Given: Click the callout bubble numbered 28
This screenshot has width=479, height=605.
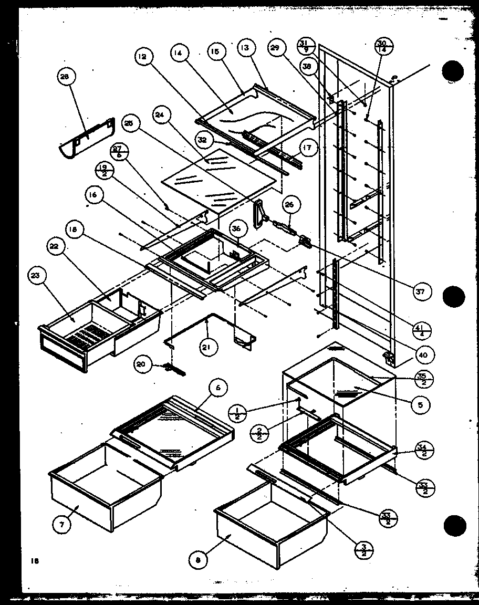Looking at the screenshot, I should tap(65, 78).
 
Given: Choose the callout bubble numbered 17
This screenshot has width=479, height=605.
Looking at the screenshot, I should tap(308, 148).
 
